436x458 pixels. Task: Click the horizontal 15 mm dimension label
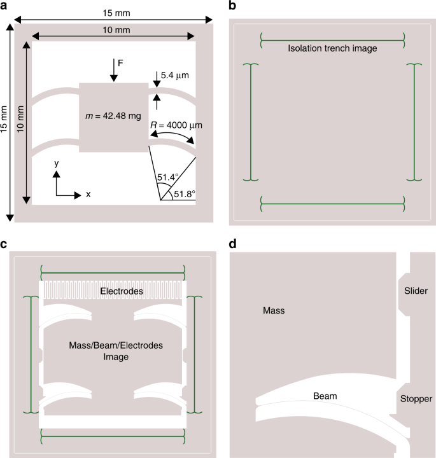[x=113, y=12]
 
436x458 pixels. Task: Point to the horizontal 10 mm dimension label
[x=113, y=29]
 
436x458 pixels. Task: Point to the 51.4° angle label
[x=166, y=175]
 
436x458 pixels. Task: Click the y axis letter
[x=57, y=163]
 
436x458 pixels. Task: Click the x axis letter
[x=88, y=194]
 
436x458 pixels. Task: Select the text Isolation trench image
[x=332, y=48]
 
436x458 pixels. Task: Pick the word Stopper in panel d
[x=416, y=399]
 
